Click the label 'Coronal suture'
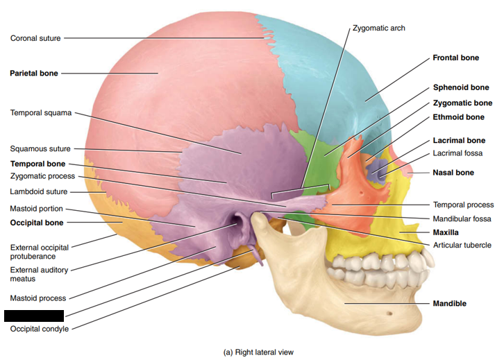(36, 38)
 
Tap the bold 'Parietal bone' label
(33, 73)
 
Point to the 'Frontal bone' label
(455, 58)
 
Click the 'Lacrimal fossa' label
(457, 153)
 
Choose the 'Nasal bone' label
(453, 172)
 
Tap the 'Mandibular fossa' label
(462, 218)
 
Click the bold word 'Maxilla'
(448, 232)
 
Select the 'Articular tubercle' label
(462, 246)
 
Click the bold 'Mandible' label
(449, 304)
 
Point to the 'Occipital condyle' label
(40, 329)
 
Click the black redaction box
(33, 316)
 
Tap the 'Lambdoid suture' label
(38, 191)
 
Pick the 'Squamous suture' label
(40, 148)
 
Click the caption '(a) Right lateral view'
(258, 352)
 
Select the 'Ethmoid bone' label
(458, 117)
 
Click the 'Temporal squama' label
(40, 112)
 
